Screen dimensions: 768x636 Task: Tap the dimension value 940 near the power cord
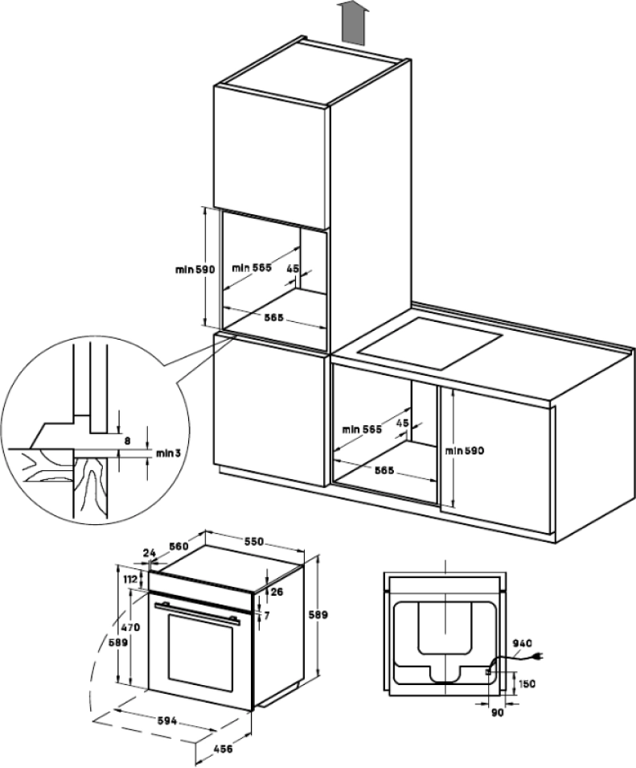pos(523,643)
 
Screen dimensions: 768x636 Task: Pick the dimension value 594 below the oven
pos(167,721)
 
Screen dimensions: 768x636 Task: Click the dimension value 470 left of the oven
pos(130,626)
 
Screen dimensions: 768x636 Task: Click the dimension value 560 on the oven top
pos(178,547)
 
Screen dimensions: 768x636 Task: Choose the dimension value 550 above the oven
pos(254,543)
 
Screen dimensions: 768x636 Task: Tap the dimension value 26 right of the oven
pos(277,593)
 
